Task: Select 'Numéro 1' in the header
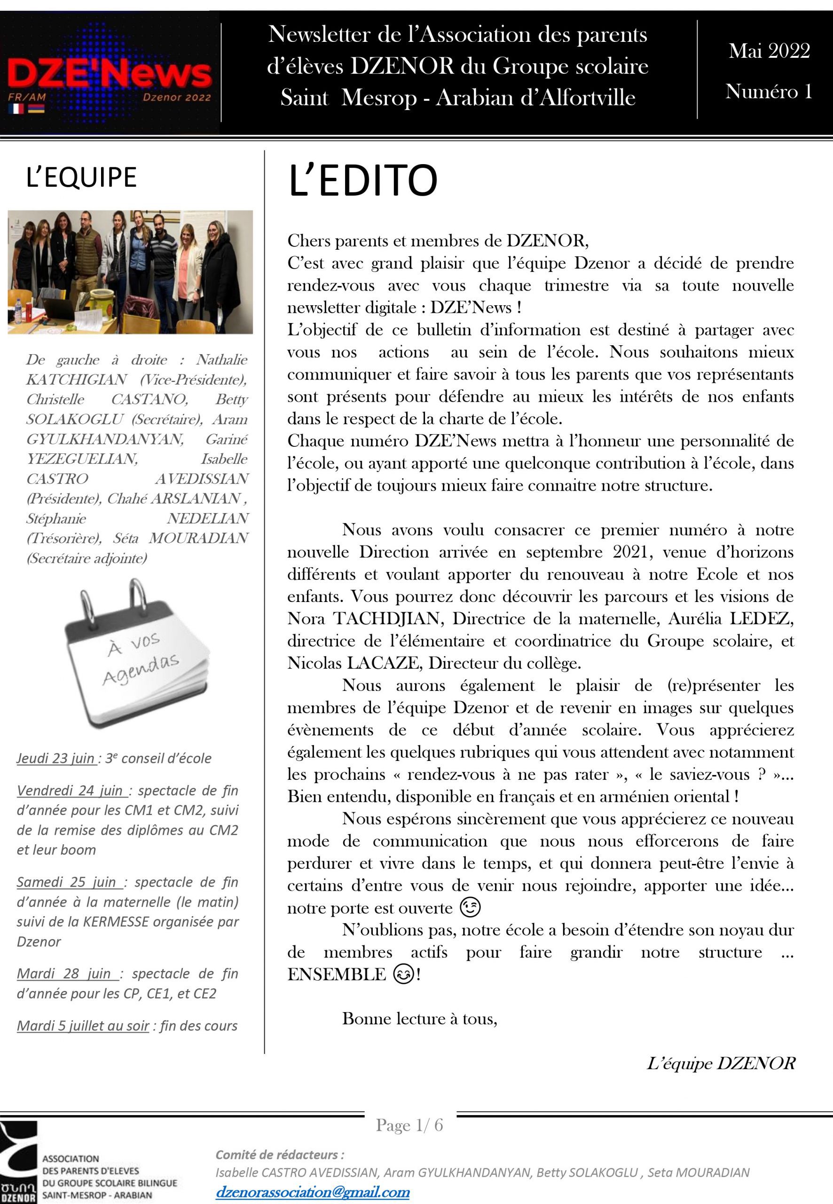(x=768, y=92)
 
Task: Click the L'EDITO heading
(x=362, y=180)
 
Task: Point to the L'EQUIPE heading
(x=81, y=177)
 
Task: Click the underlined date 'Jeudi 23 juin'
(x=56, y=758)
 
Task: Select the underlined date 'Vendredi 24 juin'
(x=72, y=791)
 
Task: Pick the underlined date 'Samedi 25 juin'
(x=70, y=882)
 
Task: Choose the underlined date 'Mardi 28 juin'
(x=68, y=973)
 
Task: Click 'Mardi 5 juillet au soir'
(x=84, y=1025)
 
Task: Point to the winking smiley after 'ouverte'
(x=470, y=908)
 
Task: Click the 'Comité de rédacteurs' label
(x=280, y=1155)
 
